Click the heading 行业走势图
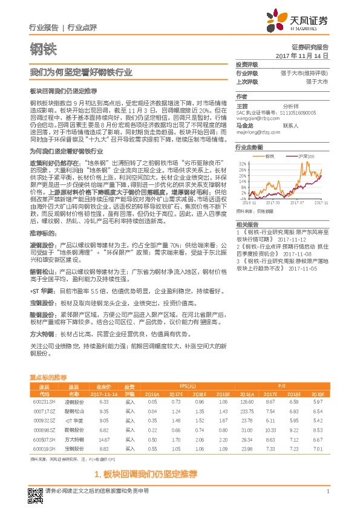(249, 148)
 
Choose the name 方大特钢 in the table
(73, 440)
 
